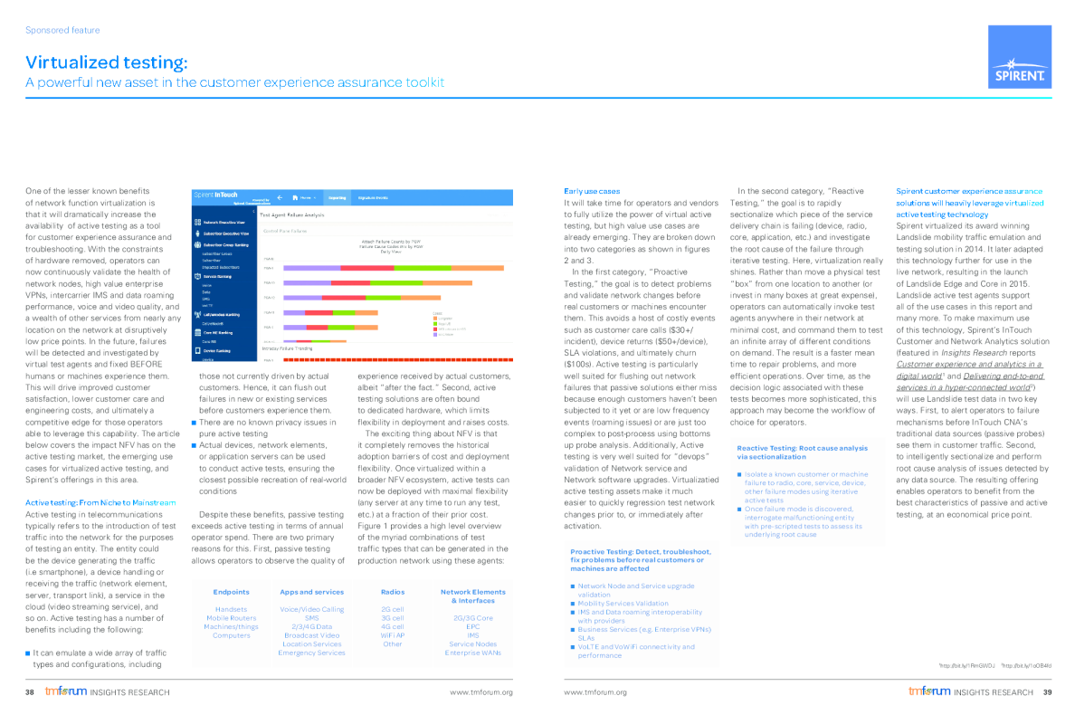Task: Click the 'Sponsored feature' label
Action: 62,30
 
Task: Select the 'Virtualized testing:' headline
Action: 107,62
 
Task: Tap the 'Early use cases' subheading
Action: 591,191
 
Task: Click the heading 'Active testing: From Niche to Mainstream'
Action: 100,501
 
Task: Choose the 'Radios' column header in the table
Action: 392,592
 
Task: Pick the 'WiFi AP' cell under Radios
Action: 393,635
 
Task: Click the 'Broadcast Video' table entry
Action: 311,635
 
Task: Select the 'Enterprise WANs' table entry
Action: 472,653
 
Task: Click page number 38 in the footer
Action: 30,692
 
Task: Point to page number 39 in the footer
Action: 1047,692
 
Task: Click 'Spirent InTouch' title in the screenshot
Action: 216,195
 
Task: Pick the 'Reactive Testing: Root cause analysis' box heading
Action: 802,448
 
